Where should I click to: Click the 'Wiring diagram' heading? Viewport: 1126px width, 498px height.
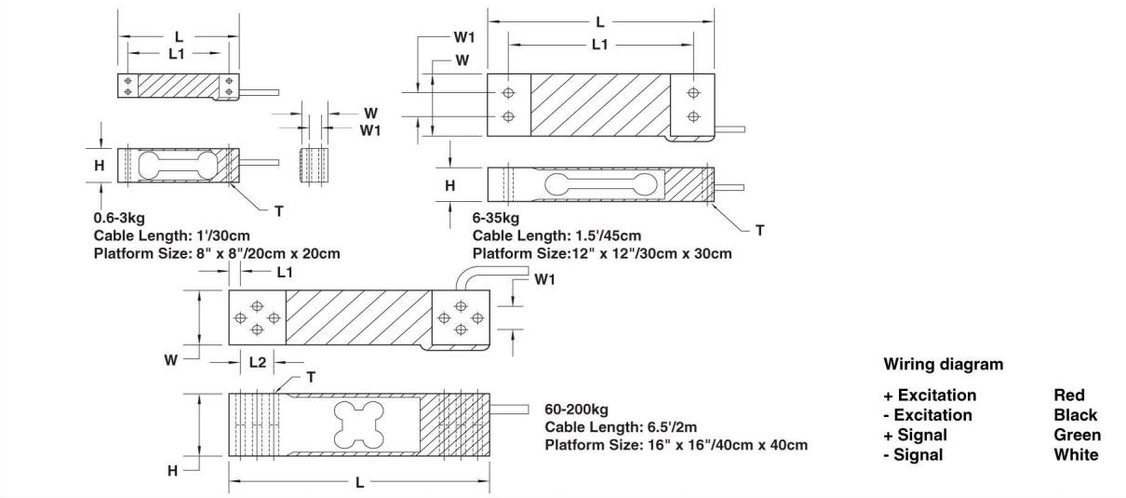click(x=943, y=364)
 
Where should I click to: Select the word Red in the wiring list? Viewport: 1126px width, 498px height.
click(x=1071, y=396)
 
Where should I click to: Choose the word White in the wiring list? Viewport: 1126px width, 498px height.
click(x=1076, y=455)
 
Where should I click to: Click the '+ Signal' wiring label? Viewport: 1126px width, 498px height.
click(x=915, y=435)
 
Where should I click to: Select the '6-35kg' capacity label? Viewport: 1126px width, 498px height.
click(x=496, y=221)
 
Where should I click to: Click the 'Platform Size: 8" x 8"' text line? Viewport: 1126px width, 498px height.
click(x=210, y=254)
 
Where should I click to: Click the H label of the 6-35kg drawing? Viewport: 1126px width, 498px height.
click(x=450, y=185)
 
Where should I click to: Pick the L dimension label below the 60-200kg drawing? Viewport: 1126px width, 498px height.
click(x=360, y=484)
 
